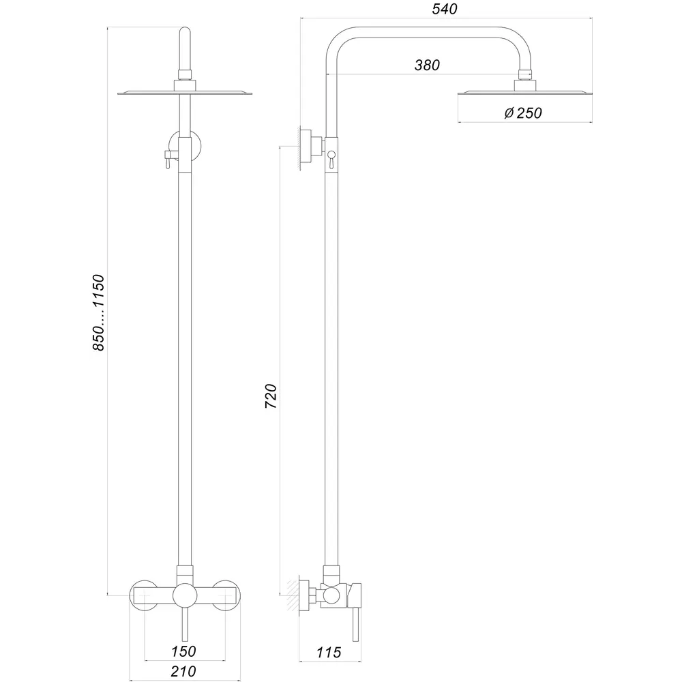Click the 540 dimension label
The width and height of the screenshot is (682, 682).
click(445, 9)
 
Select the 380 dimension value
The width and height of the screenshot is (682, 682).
click(427, 65)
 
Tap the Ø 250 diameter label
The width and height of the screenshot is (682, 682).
click(523, 113)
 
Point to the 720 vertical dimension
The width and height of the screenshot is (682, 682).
click(271, 396)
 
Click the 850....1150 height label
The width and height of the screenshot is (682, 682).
click(98, 312)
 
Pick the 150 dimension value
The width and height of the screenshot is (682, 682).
click(183, 651)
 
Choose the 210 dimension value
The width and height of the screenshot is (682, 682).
click(183, 671)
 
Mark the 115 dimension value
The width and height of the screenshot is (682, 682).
click(329, 653)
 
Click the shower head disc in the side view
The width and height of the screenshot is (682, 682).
click(524, 93)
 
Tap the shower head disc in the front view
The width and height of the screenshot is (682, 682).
click(185, 93)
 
